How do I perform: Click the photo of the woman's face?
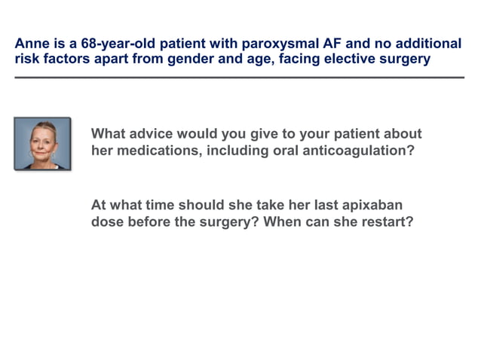click(x=42, y=143)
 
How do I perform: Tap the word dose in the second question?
click(x=109, y=223)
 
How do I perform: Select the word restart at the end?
click(x=388, y=223)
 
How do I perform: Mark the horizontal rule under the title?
click(x=240, y=78)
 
